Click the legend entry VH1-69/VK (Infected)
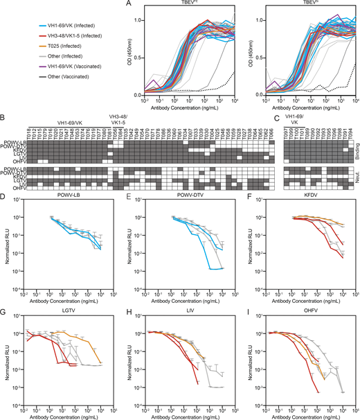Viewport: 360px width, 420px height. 62,24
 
